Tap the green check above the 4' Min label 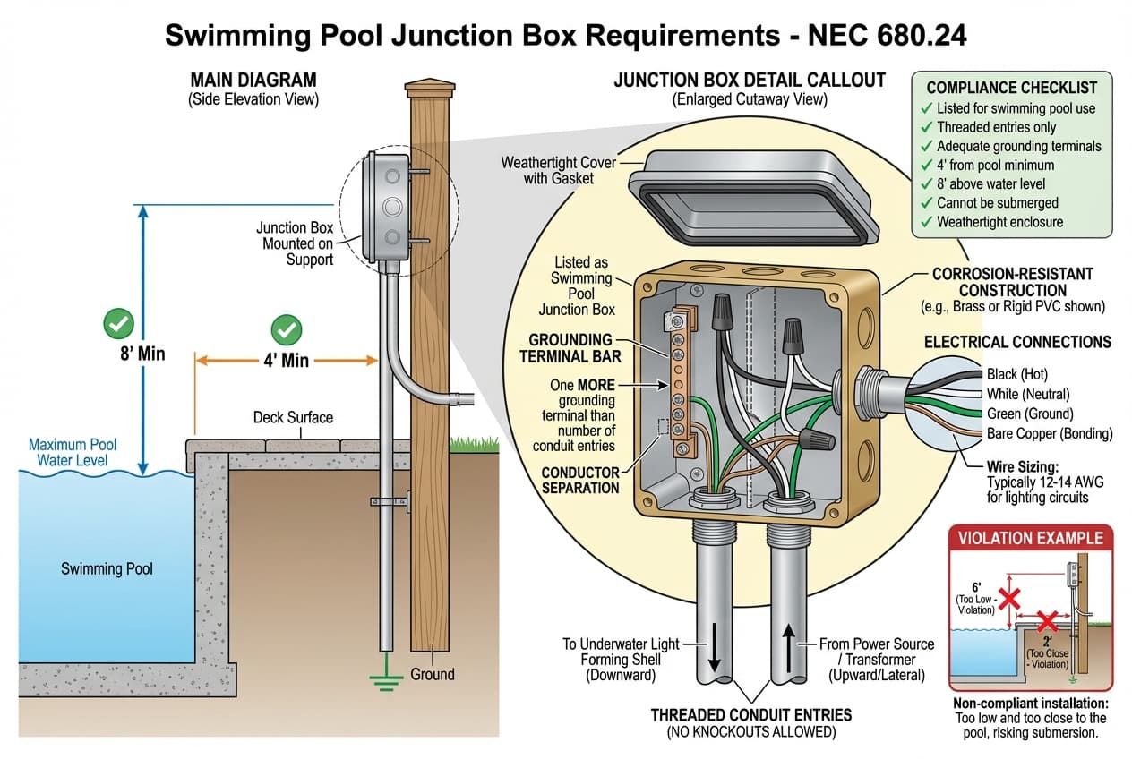click(x=287, y=329)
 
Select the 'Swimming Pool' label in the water click(x=107, y=568)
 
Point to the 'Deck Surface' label click(x=293, y=417)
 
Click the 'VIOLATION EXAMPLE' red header click(x=1030, y=539)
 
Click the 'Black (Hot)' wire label click(x=1016, y=374)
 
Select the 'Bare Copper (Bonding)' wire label click(x=1049, y=434)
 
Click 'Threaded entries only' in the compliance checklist click(x=996, y=127)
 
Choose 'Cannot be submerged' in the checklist click(x=997, y=202)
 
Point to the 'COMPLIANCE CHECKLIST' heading click(x=1011, y=88)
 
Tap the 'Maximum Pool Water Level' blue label click(x=73, y=452)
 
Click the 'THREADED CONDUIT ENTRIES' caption click(x=750, y=714)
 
